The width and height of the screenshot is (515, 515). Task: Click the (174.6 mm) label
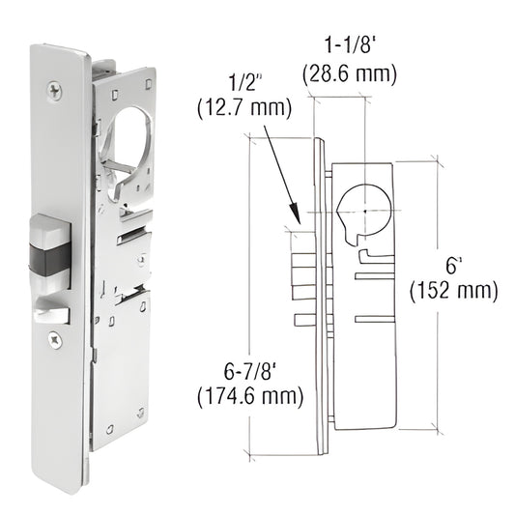249,394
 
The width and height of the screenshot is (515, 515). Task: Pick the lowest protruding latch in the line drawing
301,320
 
